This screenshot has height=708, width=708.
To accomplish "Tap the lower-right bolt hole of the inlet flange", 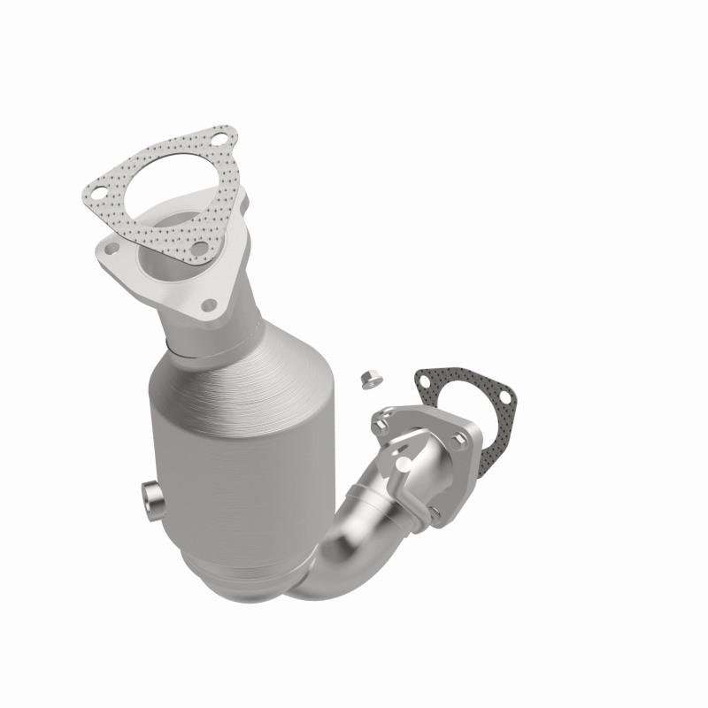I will (209, 306).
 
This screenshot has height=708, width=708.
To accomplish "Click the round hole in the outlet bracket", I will (404, 460).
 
